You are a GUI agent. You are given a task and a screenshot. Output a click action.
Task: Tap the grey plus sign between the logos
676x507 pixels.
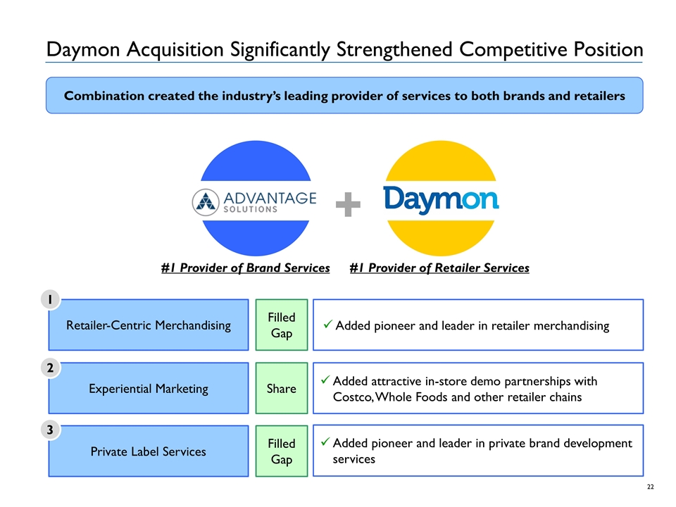[x=348, y=206]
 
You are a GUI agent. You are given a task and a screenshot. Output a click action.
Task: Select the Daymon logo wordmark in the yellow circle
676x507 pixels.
[x=441, y=199]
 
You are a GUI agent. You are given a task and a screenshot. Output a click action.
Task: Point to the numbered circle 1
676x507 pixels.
[x=51, y=300]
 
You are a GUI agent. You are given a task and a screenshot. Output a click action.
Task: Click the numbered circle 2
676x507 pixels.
[x=51, y=368]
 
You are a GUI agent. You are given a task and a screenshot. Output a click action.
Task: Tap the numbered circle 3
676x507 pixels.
[x=51, y=430]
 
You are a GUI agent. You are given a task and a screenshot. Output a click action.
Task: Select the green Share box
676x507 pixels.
[x=282, y=389]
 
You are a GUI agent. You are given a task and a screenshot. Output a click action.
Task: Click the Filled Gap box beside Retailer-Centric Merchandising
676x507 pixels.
[x=282, y=325]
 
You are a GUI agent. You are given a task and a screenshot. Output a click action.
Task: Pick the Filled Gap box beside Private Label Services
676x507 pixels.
[x=282, y=451]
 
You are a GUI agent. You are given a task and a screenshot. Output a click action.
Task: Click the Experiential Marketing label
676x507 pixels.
[x=148, y=389]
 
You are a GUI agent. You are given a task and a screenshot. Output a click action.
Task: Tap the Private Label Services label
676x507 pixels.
[x=148, y=451]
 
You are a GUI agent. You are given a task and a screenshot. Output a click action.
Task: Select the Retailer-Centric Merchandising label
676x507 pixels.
[x=148, y=325]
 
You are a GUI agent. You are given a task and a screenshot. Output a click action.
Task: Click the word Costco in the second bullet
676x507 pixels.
[x=352, y=398]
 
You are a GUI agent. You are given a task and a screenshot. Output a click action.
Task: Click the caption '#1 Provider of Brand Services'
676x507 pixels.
[x=245, y=268]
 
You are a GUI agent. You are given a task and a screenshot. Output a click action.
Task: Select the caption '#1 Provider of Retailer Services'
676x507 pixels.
[x=439, y=268]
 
